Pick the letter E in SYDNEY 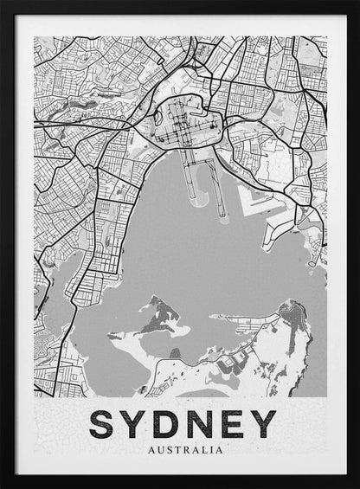click(235, 423)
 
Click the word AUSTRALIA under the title click(185, 449)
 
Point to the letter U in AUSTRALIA click(157, 449)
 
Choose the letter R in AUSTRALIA click(185, 449)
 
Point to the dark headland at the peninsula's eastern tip click(294, 312)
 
